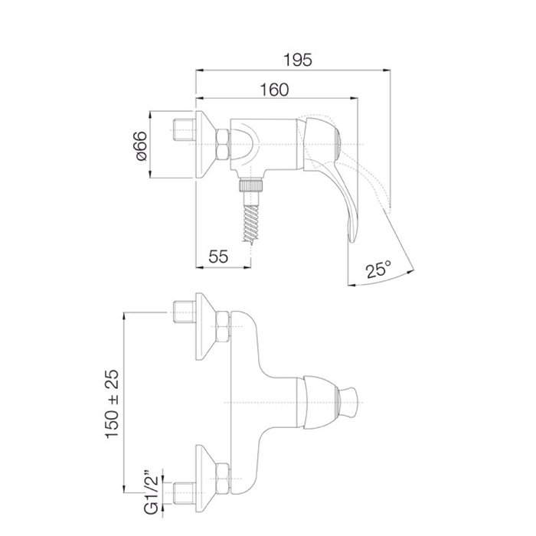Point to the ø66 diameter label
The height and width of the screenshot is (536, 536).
pyautogui.click(x=139, y=145)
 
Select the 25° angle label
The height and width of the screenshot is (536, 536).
pyautogui.click(x=379, y=270)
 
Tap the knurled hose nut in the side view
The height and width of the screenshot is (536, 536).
pyautogui.click(x=253, y=186)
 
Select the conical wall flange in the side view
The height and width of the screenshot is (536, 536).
pyautogui.click(x=204, y=145)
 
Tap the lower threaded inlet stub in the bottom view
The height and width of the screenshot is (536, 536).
pyautogui.click(x=184, y=490)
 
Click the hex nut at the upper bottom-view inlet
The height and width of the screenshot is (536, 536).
pyautogui.click(x=223, y=328)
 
